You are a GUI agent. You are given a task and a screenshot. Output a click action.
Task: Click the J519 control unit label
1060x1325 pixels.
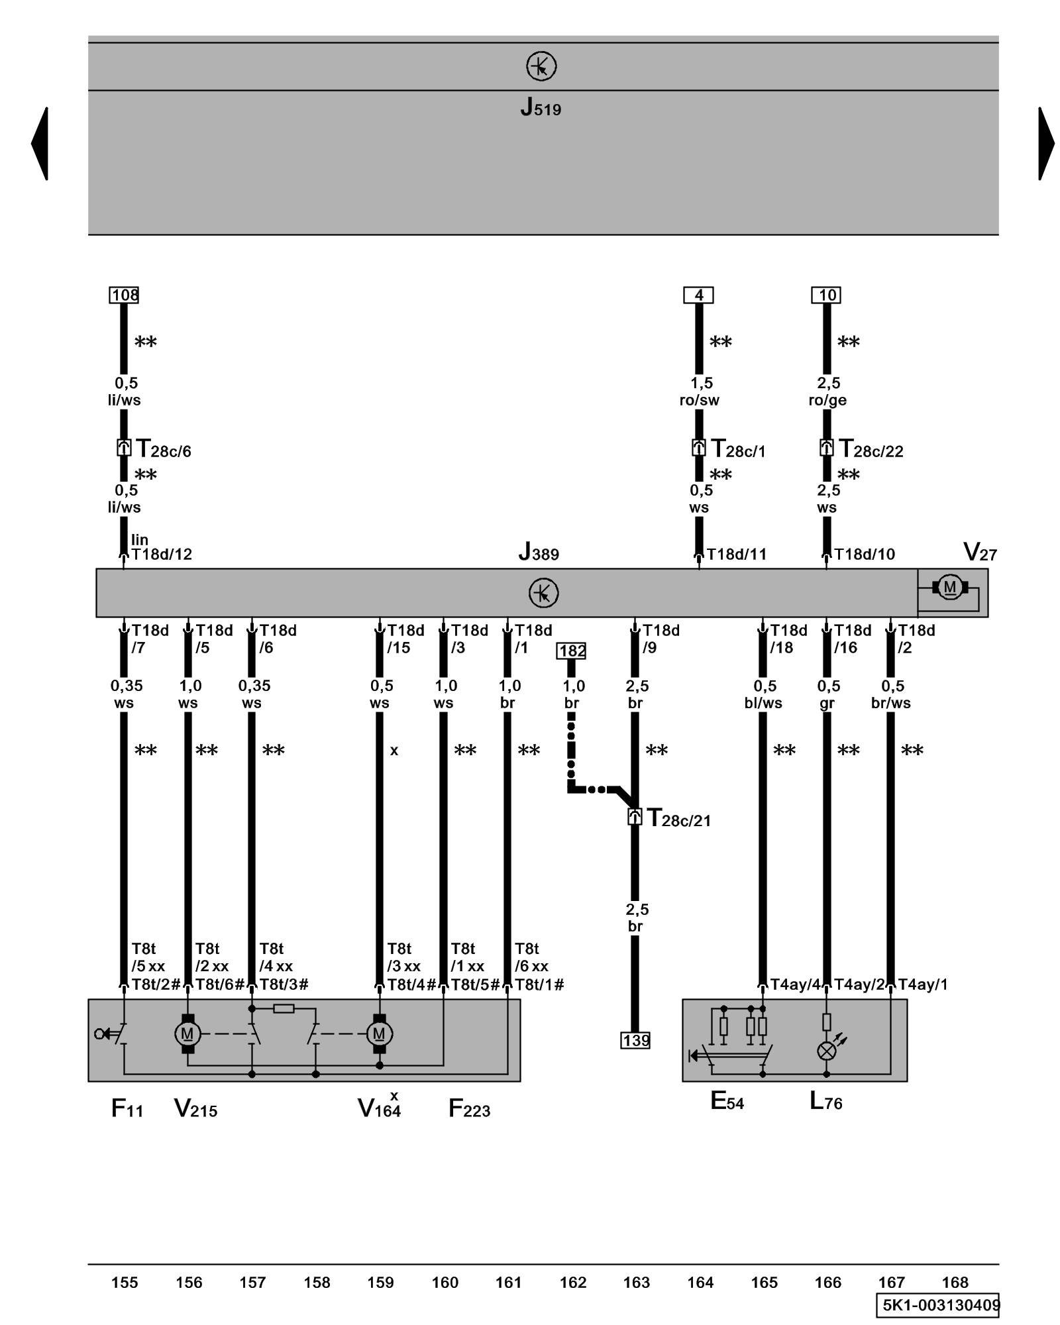pyautogui.click(x=541, y=107)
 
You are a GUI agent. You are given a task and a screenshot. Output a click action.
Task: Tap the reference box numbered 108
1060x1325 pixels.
pyautogui.click(x=124, y=295)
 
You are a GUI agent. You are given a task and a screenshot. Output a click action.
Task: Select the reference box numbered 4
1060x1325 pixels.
pyautogui.click(x=698, y=295)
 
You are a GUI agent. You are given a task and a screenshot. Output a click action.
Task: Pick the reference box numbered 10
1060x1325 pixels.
pyautogui.click(x=826, y=295)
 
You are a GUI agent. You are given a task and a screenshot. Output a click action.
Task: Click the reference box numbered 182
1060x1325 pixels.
pyautogui.click(x=572, y=651)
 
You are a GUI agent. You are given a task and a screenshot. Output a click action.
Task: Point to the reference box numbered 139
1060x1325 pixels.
pyautogui.click(x=635, y=1040)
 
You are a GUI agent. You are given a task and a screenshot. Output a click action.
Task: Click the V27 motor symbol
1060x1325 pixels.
pyautogui.click(x=950, y=587)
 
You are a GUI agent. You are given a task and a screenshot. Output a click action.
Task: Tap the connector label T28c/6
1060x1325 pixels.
pyautogui.click(x=163, y=449)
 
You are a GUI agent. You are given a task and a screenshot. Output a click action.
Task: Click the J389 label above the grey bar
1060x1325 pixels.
pyautogui.click(x=539, y=552)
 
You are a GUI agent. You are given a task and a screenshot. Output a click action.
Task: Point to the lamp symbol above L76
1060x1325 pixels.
pyautogui.click(x=826, y=1051)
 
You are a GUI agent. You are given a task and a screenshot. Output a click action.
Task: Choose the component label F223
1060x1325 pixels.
pyautogui.click(x=469, y=1108)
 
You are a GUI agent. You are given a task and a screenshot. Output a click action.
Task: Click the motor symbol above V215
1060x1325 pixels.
pyautogui.click(x=187, y=1033)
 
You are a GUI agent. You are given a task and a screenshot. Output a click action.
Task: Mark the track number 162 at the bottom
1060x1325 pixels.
pyautogui.click(x=572, y=1283)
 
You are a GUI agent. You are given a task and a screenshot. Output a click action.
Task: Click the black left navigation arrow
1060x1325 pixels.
pyautogui.click(x=40, y=143)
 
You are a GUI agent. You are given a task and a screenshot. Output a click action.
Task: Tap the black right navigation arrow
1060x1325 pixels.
pyautogui.click(x=1046, y=143)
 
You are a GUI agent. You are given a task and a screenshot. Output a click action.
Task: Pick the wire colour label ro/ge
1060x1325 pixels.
pyautogui.click(x=827, y=400)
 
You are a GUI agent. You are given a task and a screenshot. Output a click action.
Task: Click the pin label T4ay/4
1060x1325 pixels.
pyautogui.click(x=795, y=984)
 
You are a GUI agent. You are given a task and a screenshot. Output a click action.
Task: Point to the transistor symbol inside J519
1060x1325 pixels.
pyautogui.click(x=541, y=66)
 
